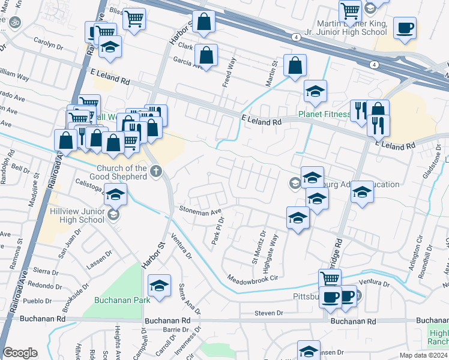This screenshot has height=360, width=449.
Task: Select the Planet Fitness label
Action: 325,115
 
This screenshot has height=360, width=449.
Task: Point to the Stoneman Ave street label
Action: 200,211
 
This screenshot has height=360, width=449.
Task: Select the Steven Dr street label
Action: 268,313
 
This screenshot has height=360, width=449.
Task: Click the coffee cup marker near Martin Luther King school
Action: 405,28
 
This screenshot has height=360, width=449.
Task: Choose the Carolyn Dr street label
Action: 48,46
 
